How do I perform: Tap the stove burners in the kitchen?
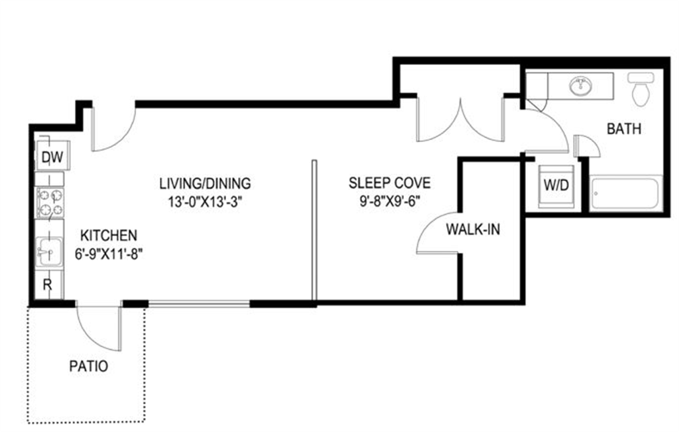pyautogui.click(x=50, y=203)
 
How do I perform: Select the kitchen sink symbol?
pyautogui.click(x=48, y=251)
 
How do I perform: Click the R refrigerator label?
pyautogui.click(x=48, y=285)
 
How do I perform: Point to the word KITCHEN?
pyautogui.click(x=109, y=235)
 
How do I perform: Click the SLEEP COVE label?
pyautogui.click(x=389, y=182)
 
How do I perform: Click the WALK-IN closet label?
pyautogui.click(x=473, y=230)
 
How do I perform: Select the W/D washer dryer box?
pyautogui.click(x=556, y=185)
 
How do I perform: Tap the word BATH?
pyautogui.click(x=624, y=129)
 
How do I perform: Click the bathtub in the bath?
pyautogui.click(x=626, y=194)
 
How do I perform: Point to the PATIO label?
pyautogui.click(x=88, y=366)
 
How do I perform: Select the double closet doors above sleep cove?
pyautogui.click(x=460, y=119)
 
